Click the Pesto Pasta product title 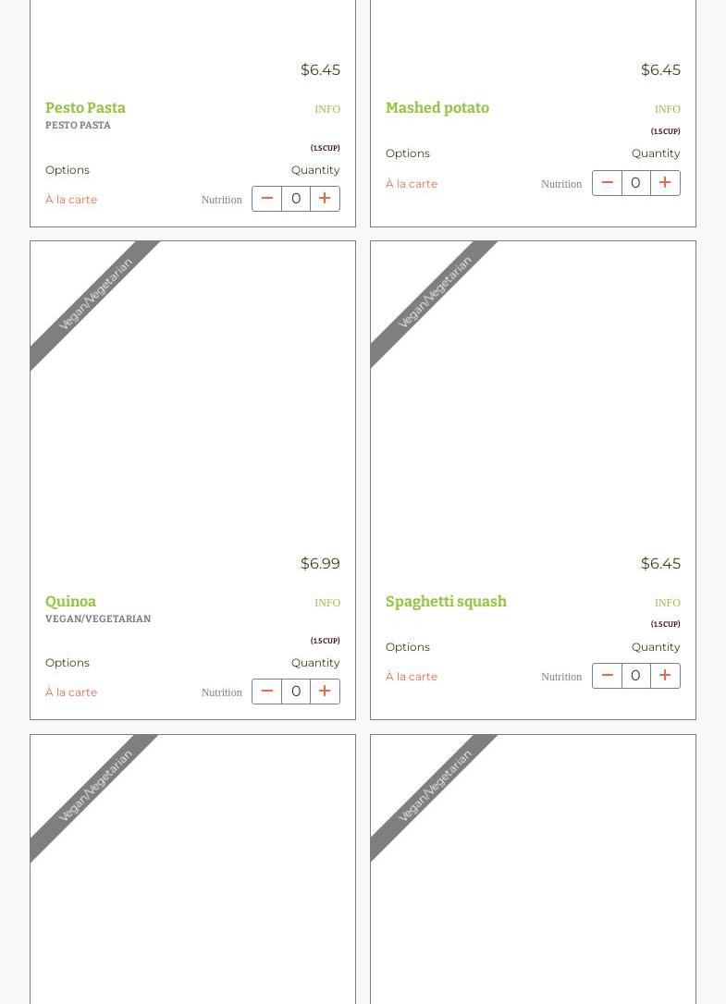pos(85,107)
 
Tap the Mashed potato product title pos(437,107)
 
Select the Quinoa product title pos(70,601)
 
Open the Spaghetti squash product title pos(446,601)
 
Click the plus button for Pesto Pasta pos(325,199)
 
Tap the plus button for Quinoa pos(325,692)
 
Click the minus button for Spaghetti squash pos(607,676)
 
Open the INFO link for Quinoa pos(327,603)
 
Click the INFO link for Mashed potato pos(668,109)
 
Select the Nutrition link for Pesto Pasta pos(222,200)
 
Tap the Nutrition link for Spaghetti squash pos(561,677)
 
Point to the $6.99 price pos(320,563)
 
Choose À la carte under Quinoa pos(71,692)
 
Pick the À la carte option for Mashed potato pos(412,184)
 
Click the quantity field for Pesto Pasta pos(296,199)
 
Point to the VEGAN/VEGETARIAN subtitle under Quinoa pos(98,618)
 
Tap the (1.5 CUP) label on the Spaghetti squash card pos(666,624)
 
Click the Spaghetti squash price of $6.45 pos(660,563)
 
